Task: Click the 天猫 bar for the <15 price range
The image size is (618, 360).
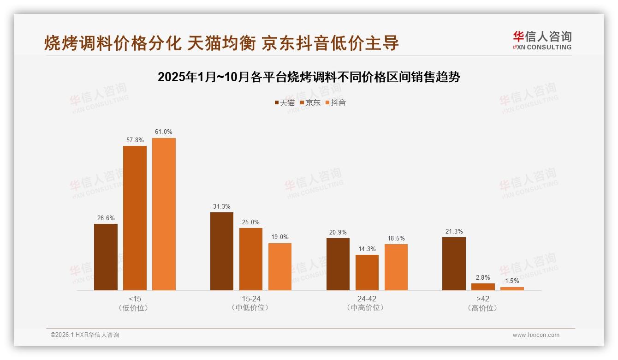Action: click(106, 257)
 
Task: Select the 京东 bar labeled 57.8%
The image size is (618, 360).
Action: click(135, 218)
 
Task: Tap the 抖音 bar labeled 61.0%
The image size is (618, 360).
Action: click(164, 214)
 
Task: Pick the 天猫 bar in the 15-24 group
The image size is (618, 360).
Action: click(222, 252)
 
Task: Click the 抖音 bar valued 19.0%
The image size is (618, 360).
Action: click(280, 267)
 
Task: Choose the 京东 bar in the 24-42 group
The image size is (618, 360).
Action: click(367, 272)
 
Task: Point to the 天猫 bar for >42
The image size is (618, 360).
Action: click(454, 264)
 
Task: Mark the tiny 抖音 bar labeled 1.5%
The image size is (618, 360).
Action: click(512, 288)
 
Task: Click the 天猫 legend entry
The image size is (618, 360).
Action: click(285, 102)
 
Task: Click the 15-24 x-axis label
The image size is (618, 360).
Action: click(251, 299)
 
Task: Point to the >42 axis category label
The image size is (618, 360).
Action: click(483, 299)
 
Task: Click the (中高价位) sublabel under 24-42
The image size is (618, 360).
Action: click(367, 308)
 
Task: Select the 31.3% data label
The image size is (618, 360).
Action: click(222, 206)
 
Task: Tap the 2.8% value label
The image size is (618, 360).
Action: click(483, 277)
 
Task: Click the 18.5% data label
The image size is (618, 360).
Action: click(396, 238)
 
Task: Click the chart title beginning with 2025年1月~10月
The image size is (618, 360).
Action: click(309, 77)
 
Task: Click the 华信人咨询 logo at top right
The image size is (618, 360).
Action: click(542, 40)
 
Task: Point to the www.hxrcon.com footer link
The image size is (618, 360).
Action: click(536, 335)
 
